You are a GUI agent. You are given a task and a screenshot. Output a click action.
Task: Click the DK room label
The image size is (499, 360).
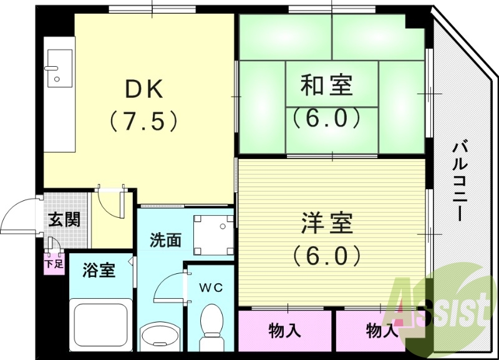tap(145, 90)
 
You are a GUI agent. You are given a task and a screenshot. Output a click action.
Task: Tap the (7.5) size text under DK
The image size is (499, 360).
tap(145, 120)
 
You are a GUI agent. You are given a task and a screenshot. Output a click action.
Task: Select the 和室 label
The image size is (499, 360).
tap(327, 85)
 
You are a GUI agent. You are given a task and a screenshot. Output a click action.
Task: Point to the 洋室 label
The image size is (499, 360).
tap(327, 223)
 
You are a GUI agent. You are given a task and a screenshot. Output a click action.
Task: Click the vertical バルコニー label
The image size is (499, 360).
tap(461, 181)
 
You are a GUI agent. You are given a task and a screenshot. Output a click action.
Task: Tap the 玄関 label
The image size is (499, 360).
tap(65, 220)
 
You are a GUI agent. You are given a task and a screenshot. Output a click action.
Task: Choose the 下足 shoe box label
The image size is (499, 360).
tap(54, 263)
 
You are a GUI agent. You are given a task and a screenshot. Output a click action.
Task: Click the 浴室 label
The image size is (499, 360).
tap(99, 271)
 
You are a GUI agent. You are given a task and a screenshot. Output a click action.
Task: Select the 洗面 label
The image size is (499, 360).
tap(165, 240)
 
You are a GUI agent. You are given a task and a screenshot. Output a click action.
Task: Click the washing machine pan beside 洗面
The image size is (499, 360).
tap(213, 235)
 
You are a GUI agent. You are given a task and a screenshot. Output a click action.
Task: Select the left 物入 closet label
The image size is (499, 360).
tap(284, 330)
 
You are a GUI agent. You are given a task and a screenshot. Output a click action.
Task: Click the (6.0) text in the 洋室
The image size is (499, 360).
tap(327, 255)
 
